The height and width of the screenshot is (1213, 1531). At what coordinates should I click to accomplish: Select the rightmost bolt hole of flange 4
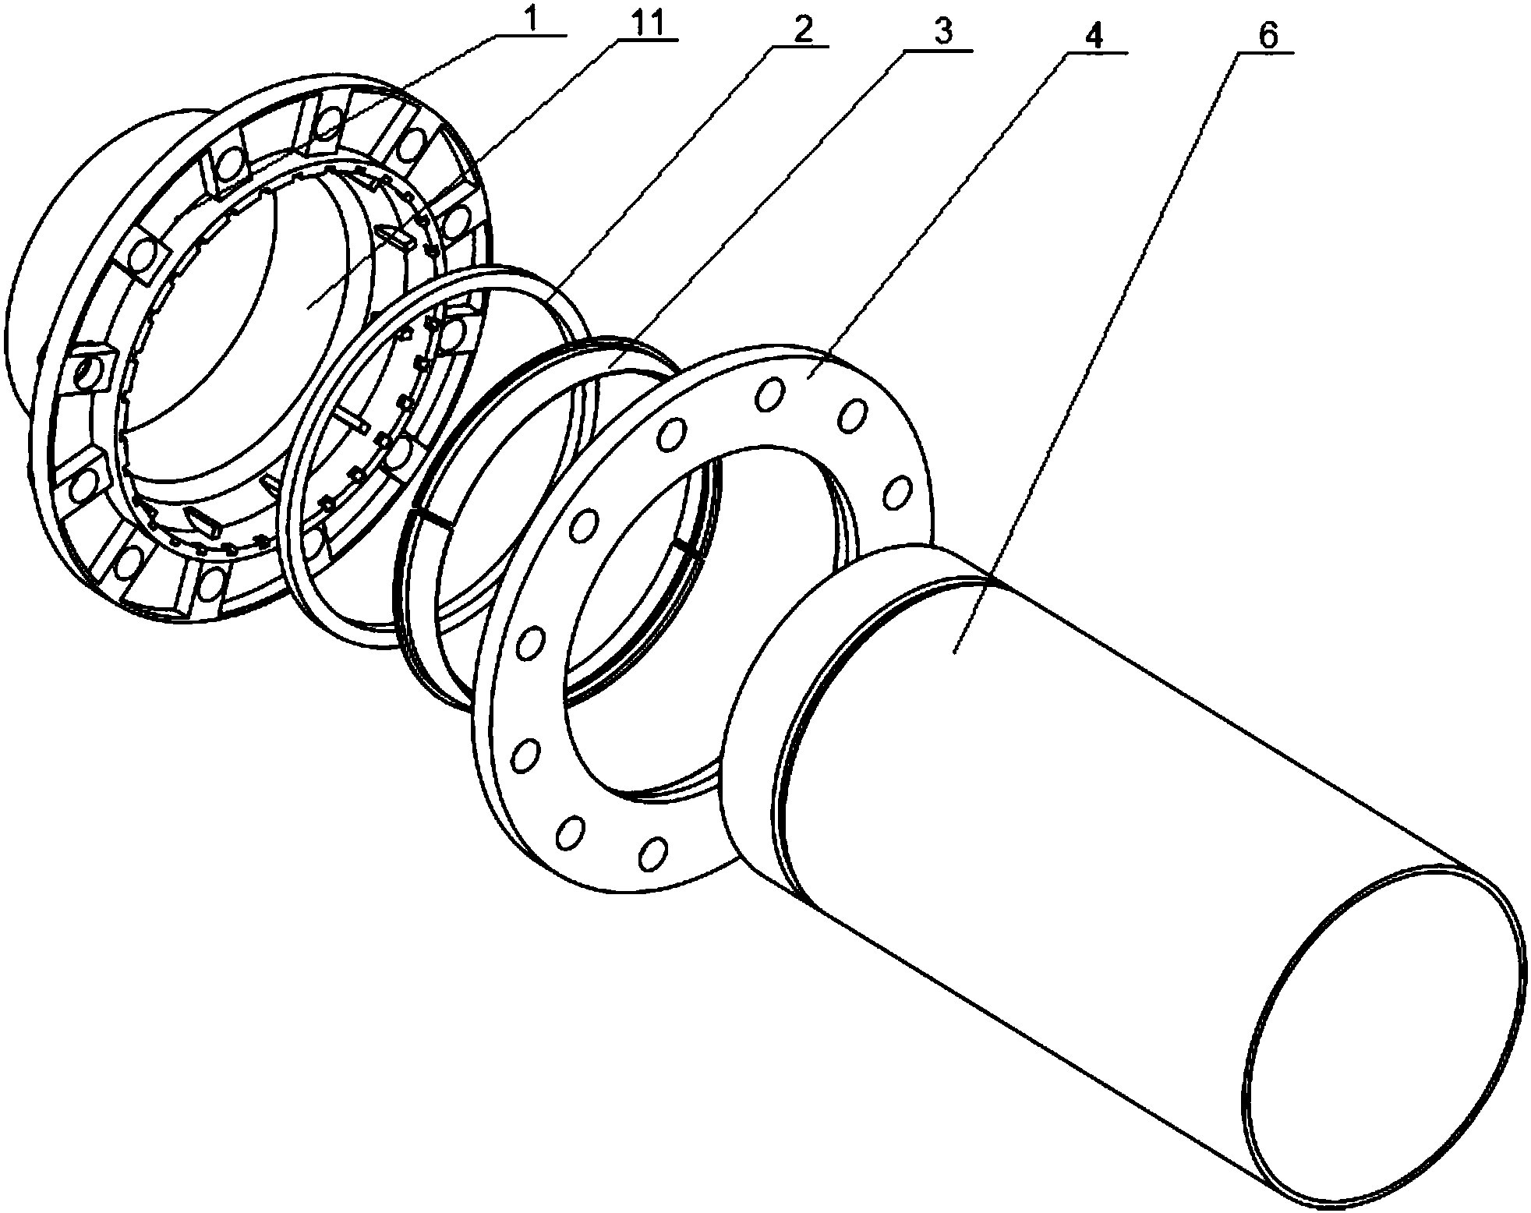[x=898, y=492]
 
